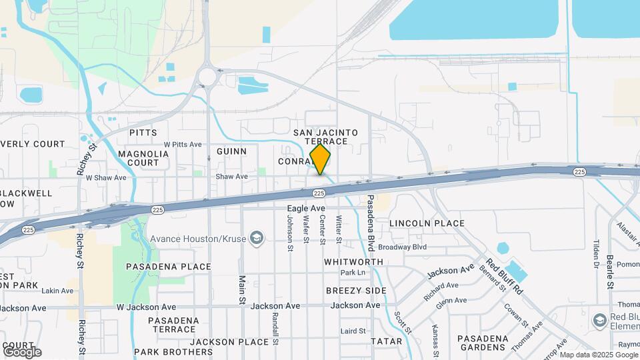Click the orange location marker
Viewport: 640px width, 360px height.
point(320,159)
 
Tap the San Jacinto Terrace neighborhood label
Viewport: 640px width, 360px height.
point(326,137)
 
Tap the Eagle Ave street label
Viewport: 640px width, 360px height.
point(306,209)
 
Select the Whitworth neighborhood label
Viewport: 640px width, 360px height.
point(353,262)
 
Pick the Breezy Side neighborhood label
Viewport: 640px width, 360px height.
point(356,291)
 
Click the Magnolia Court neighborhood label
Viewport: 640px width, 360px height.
point(143,158)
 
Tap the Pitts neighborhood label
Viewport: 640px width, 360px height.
point(143,133)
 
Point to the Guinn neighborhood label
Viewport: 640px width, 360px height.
point(231,151)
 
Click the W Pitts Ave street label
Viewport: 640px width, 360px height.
point(182,144)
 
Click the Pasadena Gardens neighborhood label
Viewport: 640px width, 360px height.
point(483,343)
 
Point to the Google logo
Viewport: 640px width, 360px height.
point(21,351)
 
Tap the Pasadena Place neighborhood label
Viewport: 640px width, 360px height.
point(169,267)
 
